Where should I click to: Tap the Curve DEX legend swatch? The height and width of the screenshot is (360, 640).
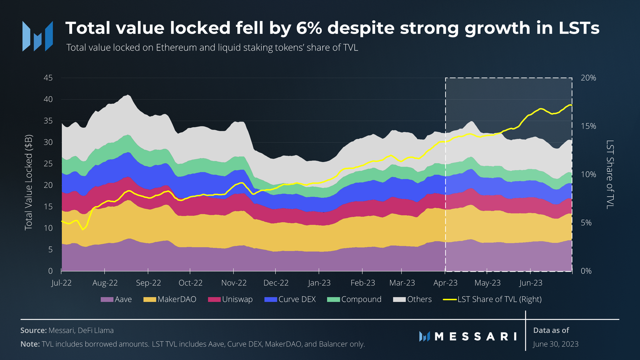coord(270,300)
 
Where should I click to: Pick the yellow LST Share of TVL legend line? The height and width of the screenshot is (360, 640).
coord(450,299)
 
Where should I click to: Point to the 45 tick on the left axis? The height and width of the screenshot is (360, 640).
coord(48,78)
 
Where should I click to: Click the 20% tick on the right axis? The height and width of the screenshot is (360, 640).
coord(588,78)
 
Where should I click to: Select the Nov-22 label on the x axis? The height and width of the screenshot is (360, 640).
coord(234,283)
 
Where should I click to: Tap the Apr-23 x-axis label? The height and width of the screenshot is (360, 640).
coord(445,283)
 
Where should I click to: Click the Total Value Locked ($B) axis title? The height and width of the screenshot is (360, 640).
coord(28,183)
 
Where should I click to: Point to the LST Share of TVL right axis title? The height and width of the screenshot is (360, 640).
coord(610,174)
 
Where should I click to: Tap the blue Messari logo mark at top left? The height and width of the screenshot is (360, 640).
coord(38,36)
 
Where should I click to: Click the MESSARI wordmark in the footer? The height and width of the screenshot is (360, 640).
coord(475,337)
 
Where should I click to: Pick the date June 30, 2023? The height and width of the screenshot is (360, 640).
coord(555,344)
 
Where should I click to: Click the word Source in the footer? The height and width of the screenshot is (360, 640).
coord(33,330)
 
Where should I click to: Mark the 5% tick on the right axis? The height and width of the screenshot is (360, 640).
coord(586,223)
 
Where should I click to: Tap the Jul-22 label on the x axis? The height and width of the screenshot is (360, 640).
coord(61,283)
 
